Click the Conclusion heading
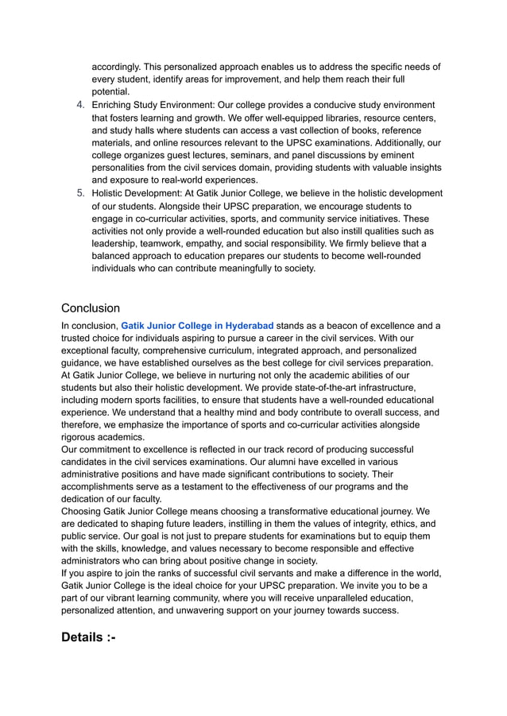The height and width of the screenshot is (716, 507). [91, 308]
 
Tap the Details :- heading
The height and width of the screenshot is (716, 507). [88, 637]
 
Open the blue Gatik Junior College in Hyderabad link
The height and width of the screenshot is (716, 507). [197, 326]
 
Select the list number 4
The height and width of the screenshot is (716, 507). [80, 105]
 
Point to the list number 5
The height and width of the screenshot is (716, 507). [80, 193]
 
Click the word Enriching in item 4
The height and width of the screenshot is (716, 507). [116, 105]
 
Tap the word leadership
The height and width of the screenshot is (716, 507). [117, 243]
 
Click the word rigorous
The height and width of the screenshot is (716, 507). [82, 437]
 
